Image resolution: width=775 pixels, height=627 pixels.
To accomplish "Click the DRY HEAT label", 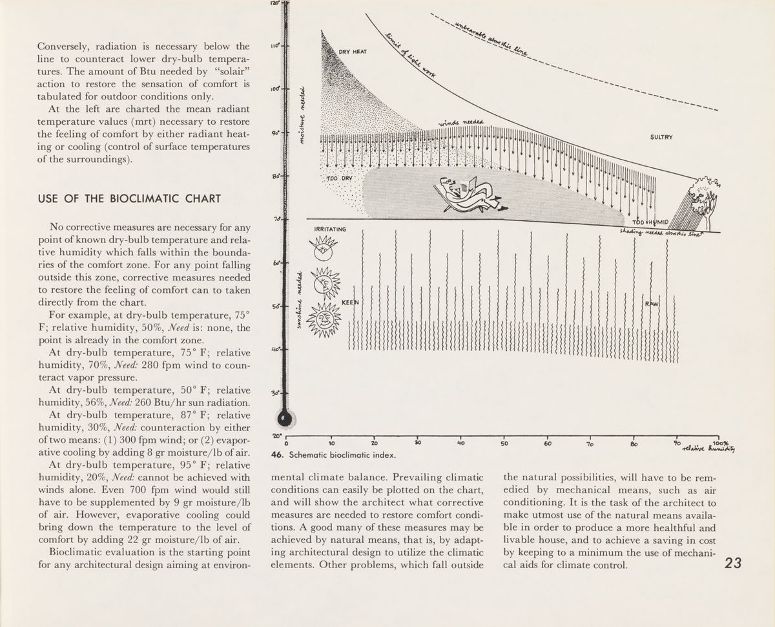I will [353, 52].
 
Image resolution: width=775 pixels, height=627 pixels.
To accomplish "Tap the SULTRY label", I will [662, 137].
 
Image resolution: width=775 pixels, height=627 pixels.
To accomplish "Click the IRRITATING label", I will [330, 229].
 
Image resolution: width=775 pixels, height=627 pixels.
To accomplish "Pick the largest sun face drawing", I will [324, 317].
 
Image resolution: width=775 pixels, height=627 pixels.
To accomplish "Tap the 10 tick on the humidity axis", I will [331, 443].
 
